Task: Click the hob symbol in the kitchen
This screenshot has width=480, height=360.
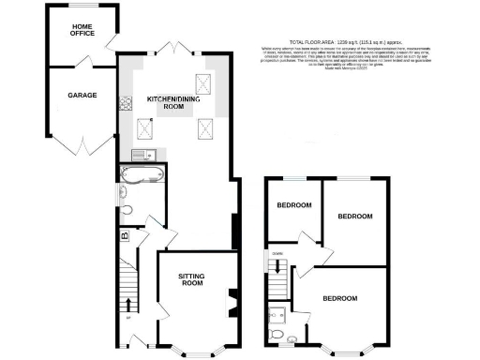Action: coord(125,105)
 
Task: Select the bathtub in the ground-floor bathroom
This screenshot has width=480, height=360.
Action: coord(141,173)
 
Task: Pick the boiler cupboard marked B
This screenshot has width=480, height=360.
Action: coord(125,236)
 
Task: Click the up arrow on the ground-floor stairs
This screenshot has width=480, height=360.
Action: coord(128,306)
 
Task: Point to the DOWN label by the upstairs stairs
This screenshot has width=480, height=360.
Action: coord(277,253)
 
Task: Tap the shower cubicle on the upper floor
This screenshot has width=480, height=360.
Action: coord(277,312)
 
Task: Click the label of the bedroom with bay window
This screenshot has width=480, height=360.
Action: coord(339,299)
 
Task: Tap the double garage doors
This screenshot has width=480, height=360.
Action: coord(84,147)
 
